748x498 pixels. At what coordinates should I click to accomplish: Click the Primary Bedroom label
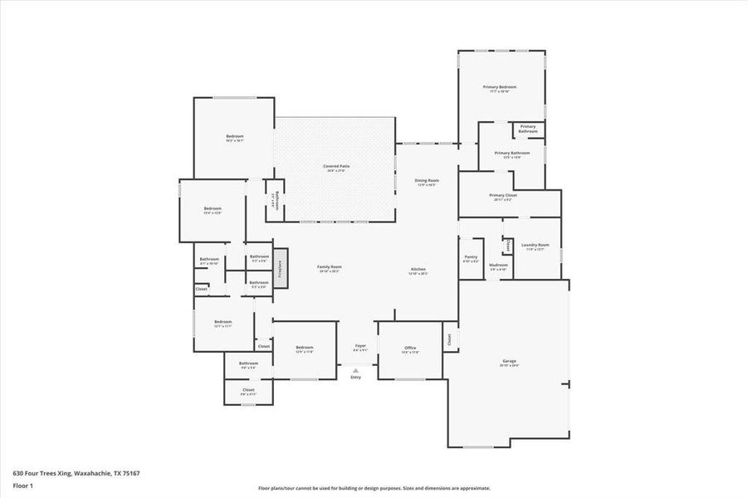(500, 87)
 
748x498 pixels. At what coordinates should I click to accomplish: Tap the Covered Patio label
(336, 166)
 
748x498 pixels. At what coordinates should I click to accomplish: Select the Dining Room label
(427, 180)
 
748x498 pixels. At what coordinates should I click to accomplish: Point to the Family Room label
(330, 267)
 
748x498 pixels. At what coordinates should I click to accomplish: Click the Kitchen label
(418, 270)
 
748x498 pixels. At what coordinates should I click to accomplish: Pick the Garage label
(509, 362)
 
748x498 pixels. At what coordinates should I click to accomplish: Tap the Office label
(410, 348)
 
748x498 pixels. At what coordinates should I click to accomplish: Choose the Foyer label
(360, 345)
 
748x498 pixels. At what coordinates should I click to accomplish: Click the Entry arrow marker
(356, 371)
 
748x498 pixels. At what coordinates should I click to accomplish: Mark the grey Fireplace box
(281, 268)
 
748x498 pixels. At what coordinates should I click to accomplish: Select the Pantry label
(471, 257)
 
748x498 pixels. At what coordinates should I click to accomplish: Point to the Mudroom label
(498, 266)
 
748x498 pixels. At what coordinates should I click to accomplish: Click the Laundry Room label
(535, 245)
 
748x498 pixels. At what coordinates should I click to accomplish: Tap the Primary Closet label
(503, 195)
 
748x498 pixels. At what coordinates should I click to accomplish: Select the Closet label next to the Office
(450, 339)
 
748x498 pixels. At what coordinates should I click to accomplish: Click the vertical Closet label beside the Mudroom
(507, 246)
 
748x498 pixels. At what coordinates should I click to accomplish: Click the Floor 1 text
(22, 485)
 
